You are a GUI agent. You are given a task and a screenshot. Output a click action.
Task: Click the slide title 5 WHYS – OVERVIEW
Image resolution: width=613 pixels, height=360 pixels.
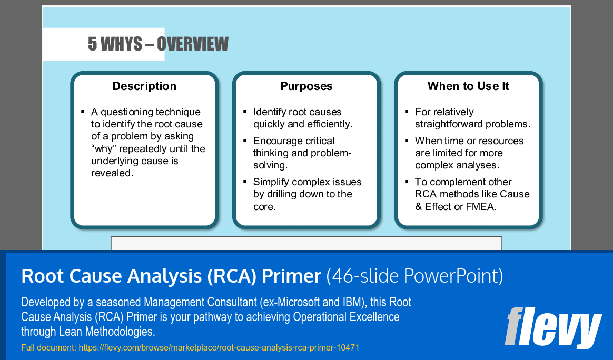pos(158,44)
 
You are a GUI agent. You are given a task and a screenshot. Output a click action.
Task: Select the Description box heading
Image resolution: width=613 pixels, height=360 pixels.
pos(144,86)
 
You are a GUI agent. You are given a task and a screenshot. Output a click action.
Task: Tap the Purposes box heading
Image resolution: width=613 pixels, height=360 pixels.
pos(306,86)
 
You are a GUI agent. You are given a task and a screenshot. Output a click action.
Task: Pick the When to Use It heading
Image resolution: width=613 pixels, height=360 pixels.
pos(468,86)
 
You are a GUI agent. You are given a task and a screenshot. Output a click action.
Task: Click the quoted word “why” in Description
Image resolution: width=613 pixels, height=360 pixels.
pos(104,149)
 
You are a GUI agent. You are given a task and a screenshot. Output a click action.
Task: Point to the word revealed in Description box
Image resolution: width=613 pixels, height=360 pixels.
pos(112,173)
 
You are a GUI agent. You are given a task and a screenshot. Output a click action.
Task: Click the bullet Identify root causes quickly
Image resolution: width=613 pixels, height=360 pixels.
pos(302,118)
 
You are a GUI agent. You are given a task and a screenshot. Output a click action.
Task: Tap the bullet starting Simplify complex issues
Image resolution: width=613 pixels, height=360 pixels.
pos(307,194)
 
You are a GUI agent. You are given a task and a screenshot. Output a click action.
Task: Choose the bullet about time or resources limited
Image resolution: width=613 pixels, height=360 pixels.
pos(469,153)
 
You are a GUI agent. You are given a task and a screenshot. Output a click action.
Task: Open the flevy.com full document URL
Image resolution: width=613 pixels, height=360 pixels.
pos(219,348)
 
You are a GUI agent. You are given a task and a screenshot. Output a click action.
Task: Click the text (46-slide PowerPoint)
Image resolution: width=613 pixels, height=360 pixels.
pos(414,276)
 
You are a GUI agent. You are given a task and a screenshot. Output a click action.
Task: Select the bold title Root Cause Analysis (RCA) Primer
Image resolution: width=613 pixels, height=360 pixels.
pos(171,276)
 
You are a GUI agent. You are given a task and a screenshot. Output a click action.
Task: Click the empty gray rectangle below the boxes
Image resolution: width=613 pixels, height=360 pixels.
pos(306,243)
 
